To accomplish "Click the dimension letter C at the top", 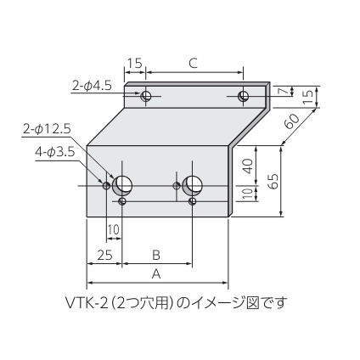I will pyautogui.click(x=194, y=62).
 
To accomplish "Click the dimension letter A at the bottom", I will pyautogui.click(x=155, y=274).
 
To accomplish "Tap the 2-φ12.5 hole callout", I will pyautogui.click(x=48, y=128).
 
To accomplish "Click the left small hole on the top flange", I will pyautogui.click(x=147, y=96).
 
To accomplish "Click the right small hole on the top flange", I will pyautogui.click(x=244, y=95).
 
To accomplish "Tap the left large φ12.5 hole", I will pyautogui.click(x=124, y=184).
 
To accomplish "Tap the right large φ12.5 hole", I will pyautogui.click(x=194, y=184).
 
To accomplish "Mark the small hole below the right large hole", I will pyautogui.click(x=194, y=201).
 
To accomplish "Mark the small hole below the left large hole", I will pyautogui.click(x=124, y=201).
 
